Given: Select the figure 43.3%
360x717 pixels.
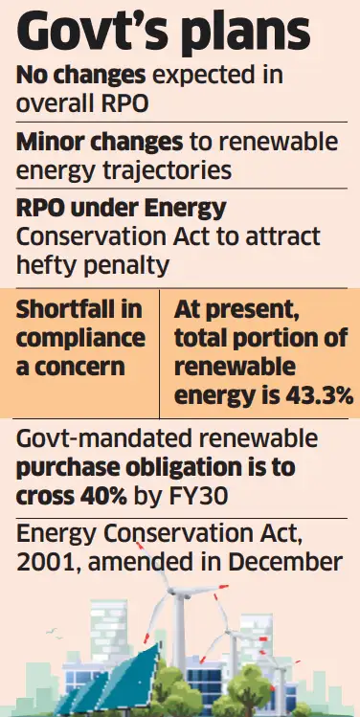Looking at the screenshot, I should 309,396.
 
